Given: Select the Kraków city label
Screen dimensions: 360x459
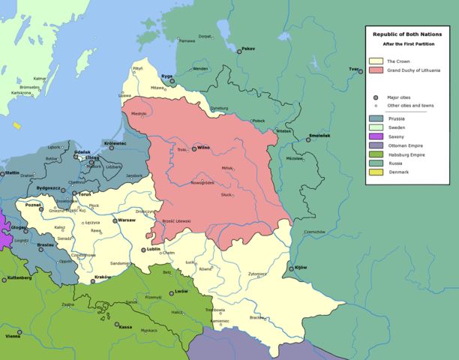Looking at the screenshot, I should click(x=103, y=277).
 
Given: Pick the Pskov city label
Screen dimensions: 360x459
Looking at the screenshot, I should click(x=247, y=49).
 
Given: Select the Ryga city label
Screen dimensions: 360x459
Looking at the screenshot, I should click(x=166, y=76).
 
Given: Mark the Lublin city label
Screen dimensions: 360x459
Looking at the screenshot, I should click(x=153, y=248).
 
